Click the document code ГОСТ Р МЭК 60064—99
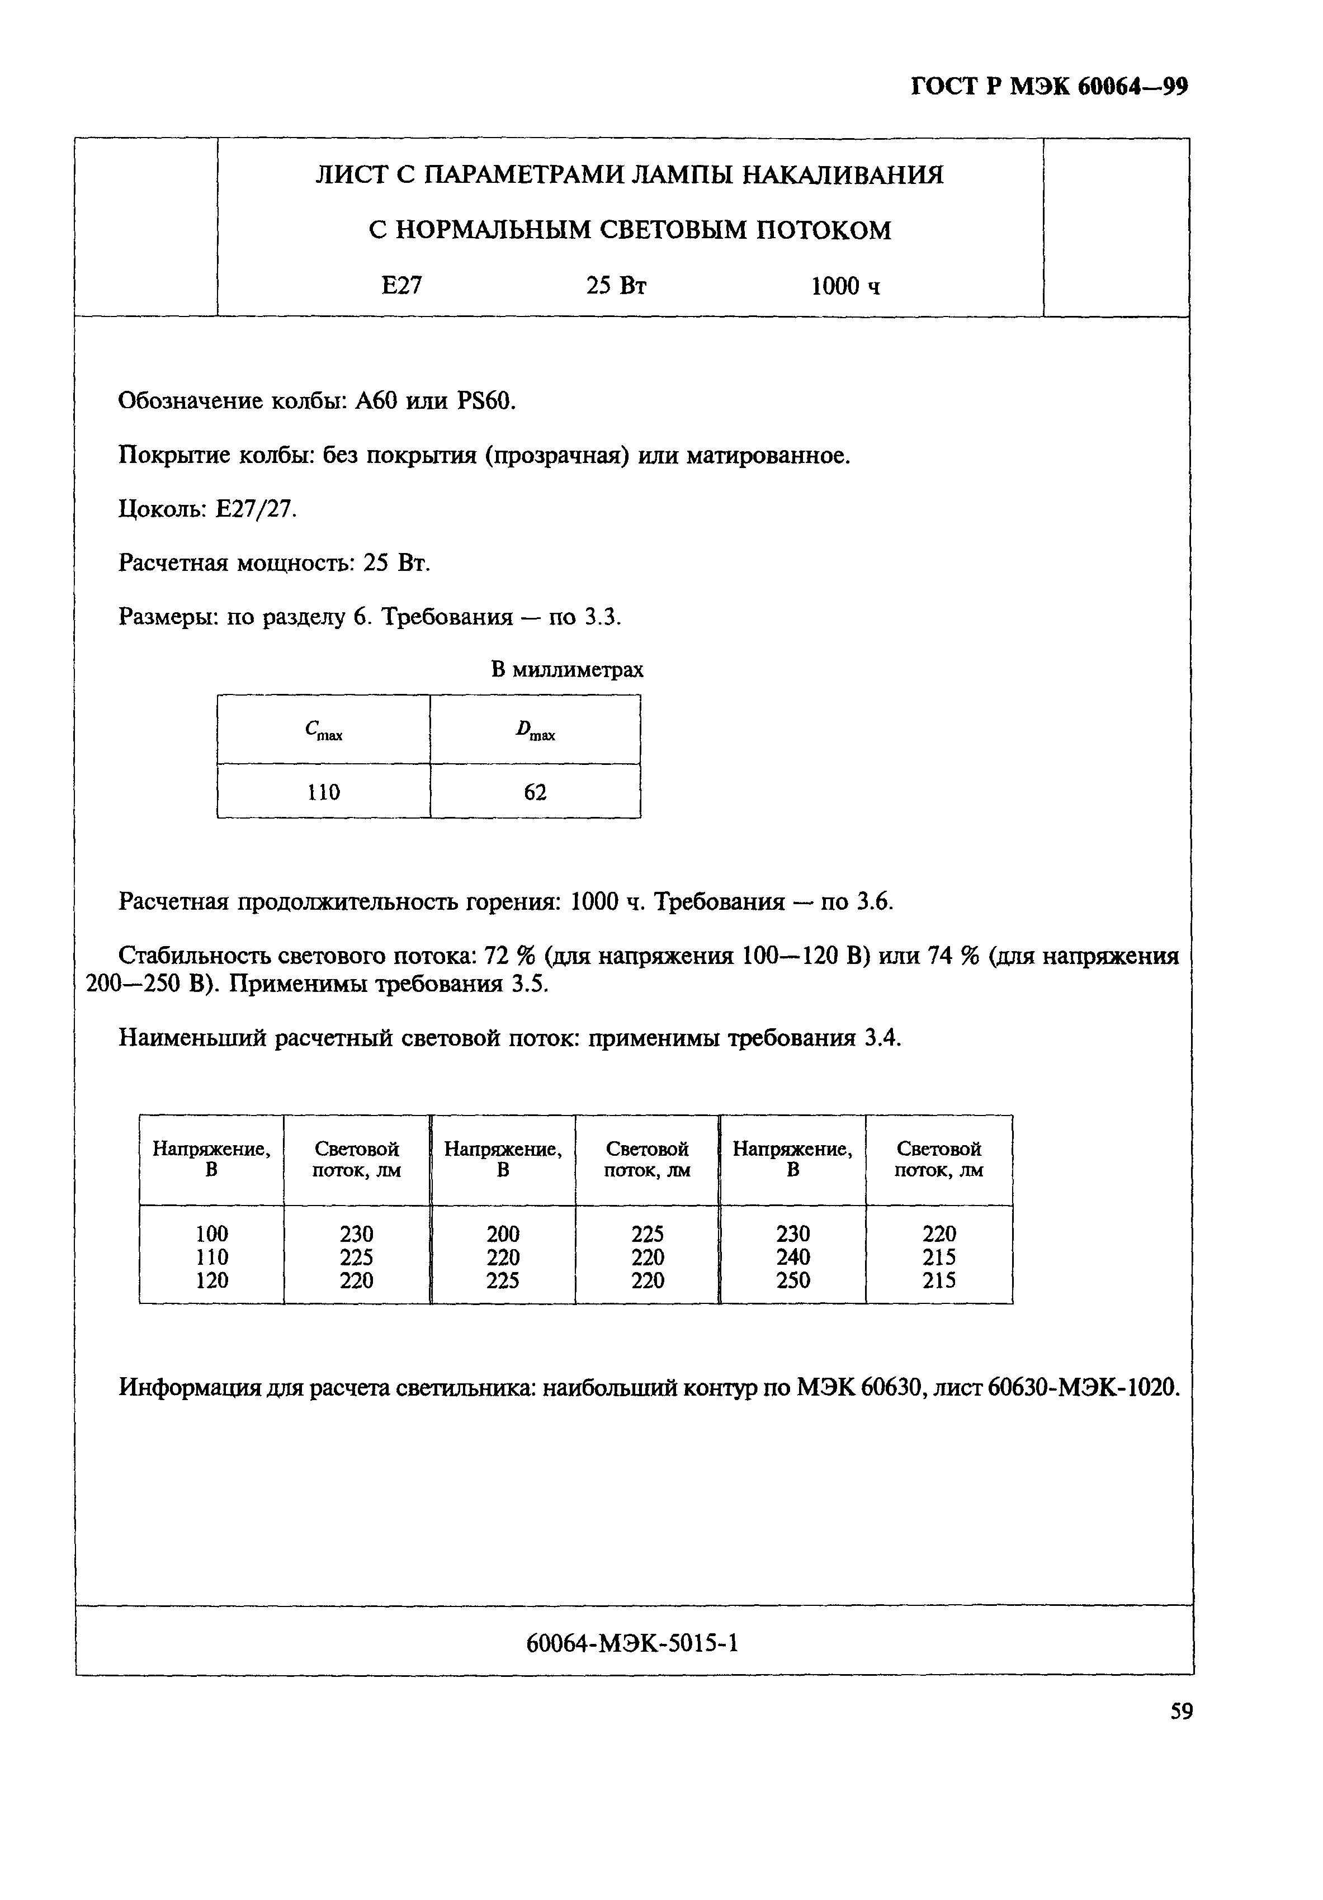(x=1049, y=86)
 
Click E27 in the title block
(x=401, y=286)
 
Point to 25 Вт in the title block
(x=616, y=286)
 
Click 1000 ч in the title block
(x=845, y=286)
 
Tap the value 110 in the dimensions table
(x=324, y=792)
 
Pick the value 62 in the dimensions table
(x=535, y=792)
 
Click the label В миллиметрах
(x=567, y=669)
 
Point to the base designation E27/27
(x=256, y=509)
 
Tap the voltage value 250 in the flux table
(x=793, y=1280)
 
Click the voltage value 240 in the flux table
(x=793, y=1257)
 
